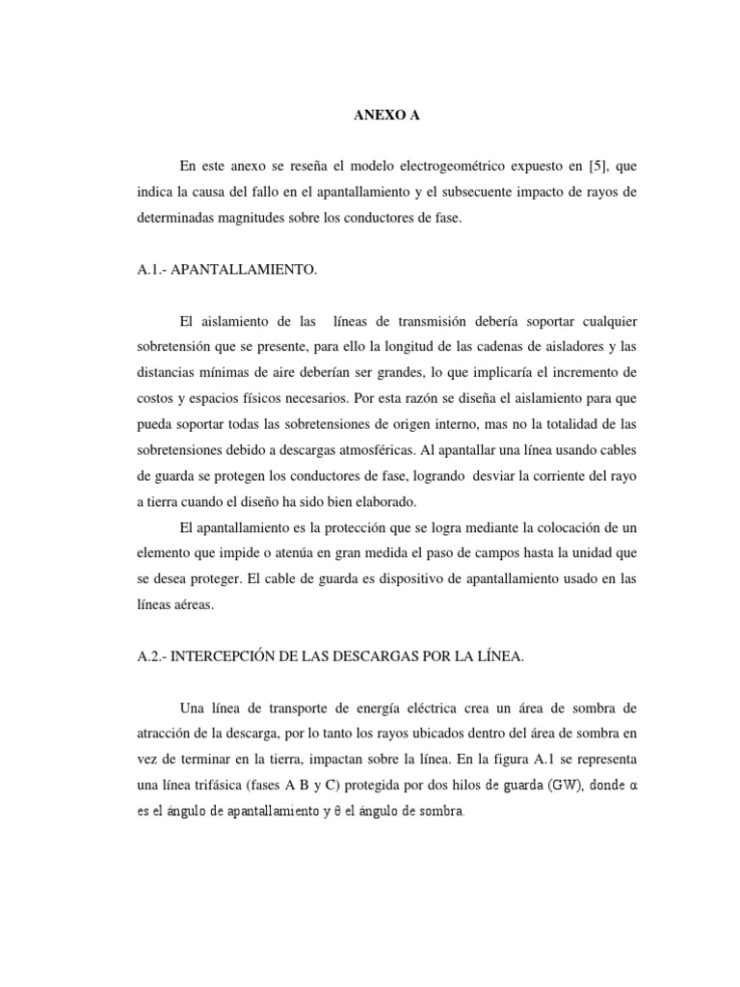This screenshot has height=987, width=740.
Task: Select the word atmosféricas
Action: [x=431, y=447]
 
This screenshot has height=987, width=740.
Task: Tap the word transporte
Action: [x=286, y=707]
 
